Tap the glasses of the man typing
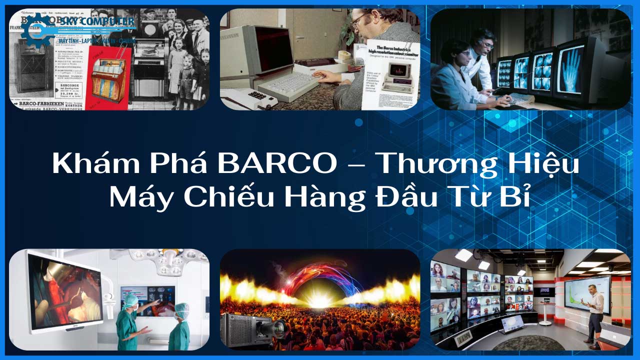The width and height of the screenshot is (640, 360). (359, 20)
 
